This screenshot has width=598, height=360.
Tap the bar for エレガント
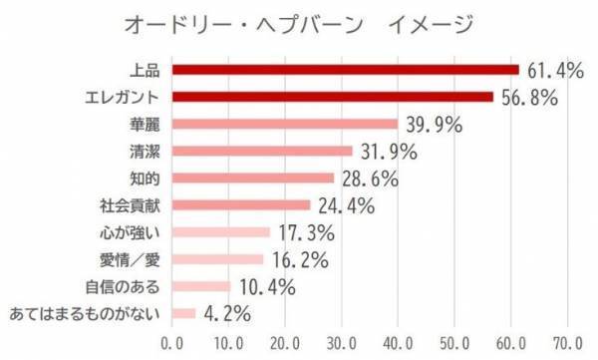point(333,97)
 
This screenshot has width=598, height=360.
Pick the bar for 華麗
point(285,125)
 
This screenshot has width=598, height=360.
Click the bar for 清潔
point(262,152)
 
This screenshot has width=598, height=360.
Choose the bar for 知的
point(253,179)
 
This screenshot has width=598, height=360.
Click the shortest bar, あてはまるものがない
point(184,314)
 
